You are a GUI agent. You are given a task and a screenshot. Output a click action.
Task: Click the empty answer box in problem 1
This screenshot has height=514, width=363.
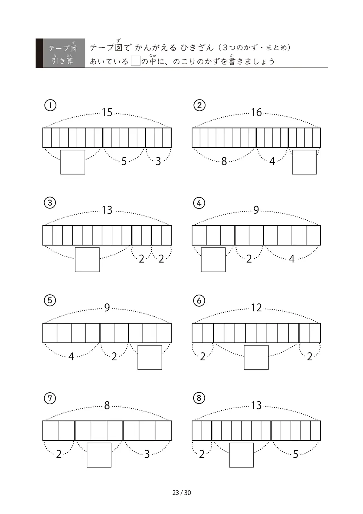(x=73, y=162)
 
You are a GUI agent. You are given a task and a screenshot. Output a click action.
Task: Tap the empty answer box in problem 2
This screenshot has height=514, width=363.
(x=304, y=162)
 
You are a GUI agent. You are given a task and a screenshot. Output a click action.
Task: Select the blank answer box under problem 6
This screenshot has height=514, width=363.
(x=256, y=357)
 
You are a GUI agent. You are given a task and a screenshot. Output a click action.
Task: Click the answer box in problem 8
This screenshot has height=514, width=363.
(x=241, y=455)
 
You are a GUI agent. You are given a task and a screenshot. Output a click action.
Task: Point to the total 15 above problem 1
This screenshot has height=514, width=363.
(x=107, y=113)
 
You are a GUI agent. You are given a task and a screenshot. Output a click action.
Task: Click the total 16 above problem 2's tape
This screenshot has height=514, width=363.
(x=256, y=113)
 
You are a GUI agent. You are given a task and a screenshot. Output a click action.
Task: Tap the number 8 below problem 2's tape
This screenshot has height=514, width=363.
(x=224, y=161)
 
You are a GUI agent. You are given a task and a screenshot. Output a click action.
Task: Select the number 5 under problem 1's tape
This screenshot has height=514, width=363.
(x=124, y=161)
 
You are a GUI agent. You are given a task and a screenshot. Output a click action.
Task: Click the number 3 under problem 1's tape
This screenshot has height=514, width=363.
(x=158, y=161)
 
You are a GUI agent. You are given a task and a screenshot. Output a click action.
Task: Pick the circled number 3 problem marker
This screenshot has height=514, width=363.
(x=50, y=203)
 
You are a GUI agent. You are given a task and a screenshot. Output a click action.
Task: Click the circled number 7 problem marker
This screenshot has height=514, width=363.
(x=50, y=398)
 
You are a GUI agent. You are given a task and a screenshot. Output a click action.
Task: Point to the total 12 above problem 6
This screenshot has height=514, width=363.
(x=256, y=308)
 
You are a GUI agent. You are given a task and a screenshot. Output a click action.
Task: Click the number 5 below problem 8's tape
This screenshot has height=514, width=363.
(x=295, y=454)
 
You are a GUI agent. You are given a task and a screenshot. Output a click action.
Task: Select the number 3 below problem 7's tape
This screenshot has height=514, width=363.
(x=147, y=454)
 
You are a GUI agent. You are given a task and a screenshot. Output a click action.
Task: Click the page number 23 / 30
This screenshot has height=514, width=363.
(x=181, y=493)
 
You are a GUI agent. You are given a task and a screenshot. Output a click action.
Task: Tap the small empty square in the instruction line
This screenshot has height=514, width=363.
(x=135, y=61)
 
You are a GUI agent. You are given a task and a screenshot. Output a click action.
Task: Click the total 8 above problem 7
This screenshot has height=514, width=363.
(x=107, y=405)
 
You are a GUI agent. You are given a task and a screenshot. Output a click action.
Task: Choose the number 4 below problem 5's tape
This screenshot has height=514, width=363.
(x=71, y=357)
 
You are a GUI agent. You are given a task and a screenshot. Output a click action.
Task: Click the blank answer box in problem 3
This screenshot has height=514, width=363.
(x=87, y=260)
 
